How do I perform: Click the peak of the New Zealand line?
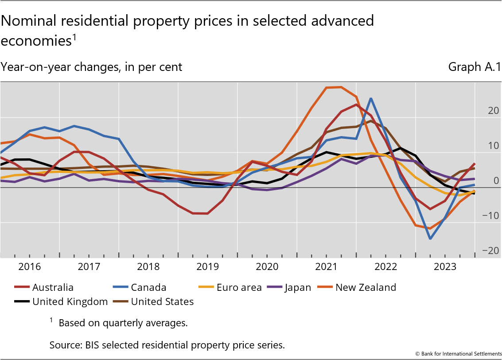[341, 87]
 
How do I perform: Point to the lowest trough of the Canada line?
[430, 239]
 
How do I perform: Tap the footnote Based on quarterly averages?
[123, 323]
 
